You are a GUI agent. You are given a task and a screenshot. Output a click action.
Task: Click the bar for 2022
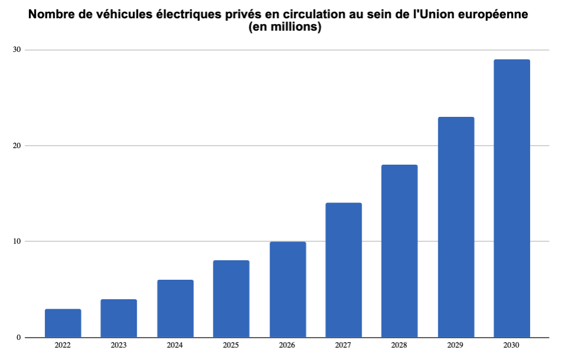click(63, 323)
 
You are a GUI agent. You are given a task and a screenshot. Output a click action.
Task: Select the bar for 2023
click(119, 318)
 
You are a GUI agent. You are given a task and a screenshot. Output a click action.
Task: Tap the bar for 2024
click(175, 308)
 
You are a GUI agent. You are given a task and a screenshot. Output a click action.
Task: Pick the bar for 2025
click(231, 299)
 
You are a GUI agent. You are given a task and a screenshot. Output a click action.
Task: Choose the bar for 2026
click(288, 289)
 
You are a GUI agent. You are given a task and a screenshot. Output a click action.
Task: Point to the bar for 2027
click(343, 270)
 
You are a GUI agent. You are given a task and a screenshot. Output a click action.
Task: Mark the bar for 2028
click(399, 251)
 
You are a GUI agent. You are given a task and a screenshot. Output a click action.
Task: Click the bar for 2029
click(456, 227)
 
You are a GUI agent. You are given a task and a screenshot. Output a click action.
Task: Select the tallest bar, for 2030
click(512, 198)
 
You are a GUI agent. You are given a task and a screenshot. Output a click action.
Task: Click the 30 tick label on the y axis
click(17, 50)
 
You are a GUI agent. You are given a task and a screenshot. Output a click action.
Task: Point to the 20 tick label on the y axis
click(17, 146)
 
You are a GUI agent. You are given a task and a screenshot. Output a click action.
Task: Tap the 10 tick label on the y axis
click(17, 241)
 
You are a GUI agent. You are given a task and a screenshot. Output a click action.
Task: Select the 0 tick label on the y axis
click(19, 338)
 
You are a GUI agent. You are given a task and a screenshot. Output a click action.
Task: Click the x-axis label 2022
click(63, 345)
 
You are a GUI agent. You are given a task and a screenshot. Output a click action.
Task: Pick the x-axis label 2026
click(288, 345)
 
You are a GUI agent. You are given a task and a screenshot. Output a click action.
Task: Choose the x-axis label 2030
click(512, 345)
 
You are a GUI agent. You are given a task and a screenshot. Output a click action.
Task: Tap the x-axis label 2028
click(399, 345)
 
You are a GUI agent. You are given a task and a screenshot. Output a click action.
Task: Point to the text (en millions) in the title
click(285, 28)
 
